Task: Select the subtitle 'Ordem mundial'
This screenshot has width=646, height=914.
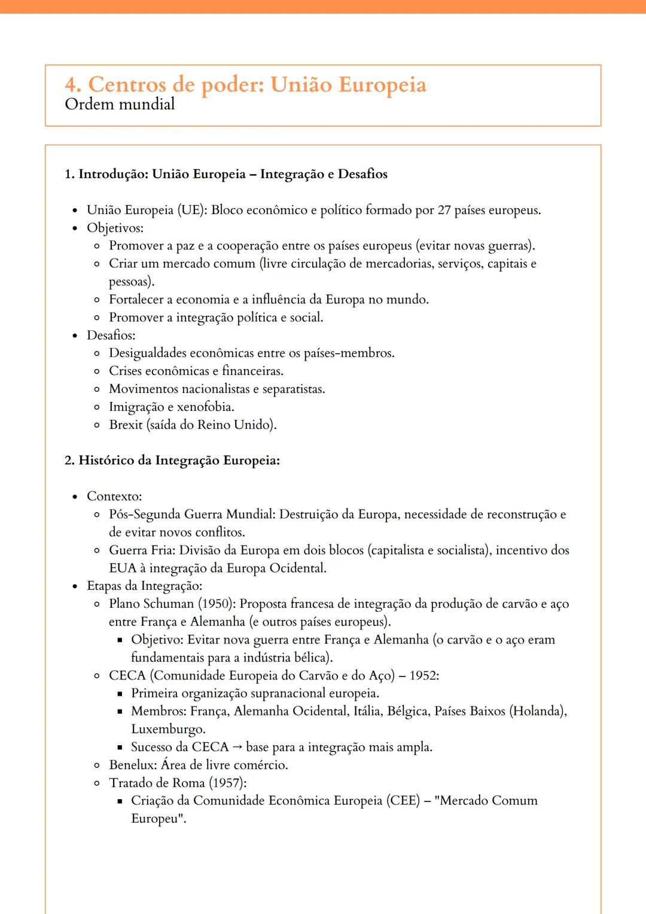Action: pyautogui.click(x=120, y=104)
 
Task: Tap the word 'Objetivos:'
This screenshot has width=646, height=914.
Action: pyautogui.click(x=115, y=228)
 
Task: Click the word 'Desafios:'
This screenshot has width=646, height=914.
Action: pyautogui.click(x=111, y=335)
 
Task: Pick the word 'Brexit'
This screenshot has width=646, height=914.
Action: pyautogui.click(x=126, y=425)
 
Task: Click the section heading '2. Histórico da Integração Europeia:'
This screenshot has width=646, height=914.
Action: pyautogui.click(x=172, y=460)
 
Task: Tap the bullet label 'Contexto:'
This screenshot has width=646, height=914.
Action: pyautogui.click(x=114, y=496)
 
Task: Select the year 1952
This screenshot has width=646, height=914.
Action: pyautogui.click(x=423, y=675)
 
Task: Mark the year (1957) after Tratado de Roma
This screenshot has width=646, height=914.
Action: pyautogui.click(x=227, y=782)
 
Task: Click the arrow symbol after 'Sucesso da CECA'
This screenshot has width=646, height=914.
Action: pyautogui.click(x=237, y=747)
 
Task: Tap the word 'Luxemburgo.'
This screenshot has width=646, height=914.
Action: pyautogui.click(x=168, y=729)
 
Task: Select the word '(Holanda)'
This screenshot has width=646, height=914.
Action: pyautogui.click(x=537, y=711)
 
